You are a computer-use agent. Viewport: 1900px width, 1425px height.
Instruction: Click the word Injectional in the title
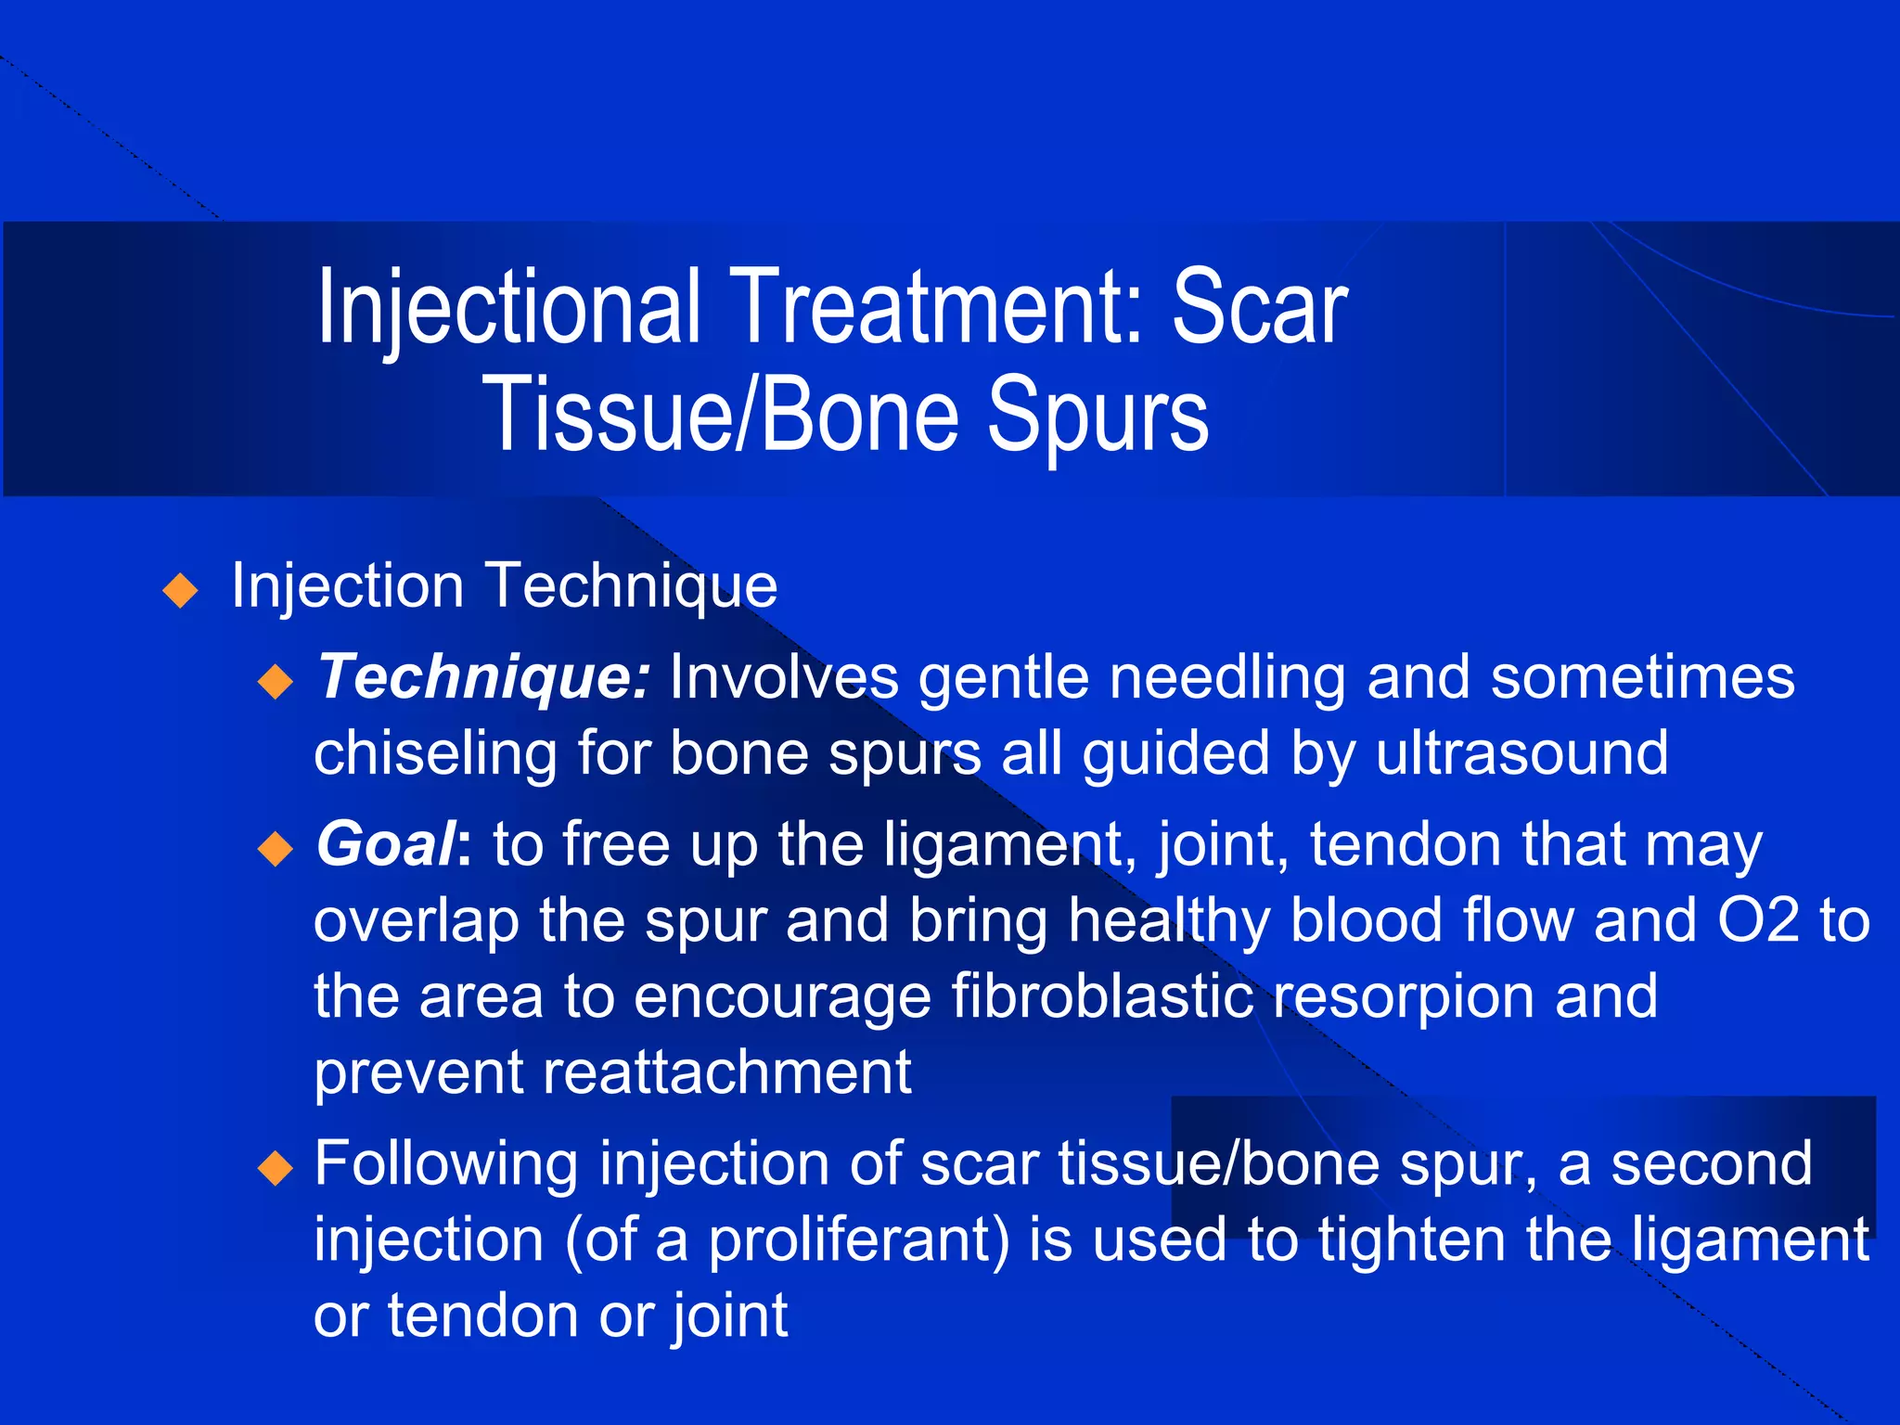(x=508, y=309)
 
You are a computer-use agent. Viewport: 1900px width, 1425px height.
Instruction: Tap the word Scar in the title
(x=1259, y=309)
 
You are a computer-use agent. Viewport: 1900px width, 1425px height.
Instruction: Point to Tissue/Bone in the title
(x=719, y=417)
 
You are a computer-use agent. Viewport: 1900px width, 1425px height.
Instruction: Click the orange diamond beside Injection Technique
(x=180, y=590)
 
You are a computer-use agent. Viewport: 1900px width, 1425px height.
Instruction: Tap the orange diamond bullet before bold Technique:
(x=276, y=683)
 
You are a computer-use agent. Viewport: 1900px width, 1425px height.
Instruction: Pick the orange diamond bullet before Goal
(x=276, y=848)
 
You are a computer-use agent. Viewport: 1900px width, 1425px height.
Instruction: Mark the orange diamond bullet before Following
(x=276, y=1167)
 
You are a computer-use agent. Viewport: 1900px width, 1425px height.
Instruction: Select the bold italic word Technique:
(x=483, y=677)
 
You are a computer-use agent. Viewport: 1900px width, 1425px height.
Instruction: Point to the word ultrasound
(x=1521, y=752)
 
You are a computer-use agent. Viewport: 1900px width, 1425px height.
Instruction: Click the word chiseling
(x=435, y=752)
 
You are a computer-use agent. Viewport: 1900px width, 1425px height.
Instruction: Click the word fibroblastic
(x=1101, y=996)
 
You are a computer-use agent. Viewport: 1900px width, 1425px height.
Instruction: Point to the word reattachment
(x=726, y=1072)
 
